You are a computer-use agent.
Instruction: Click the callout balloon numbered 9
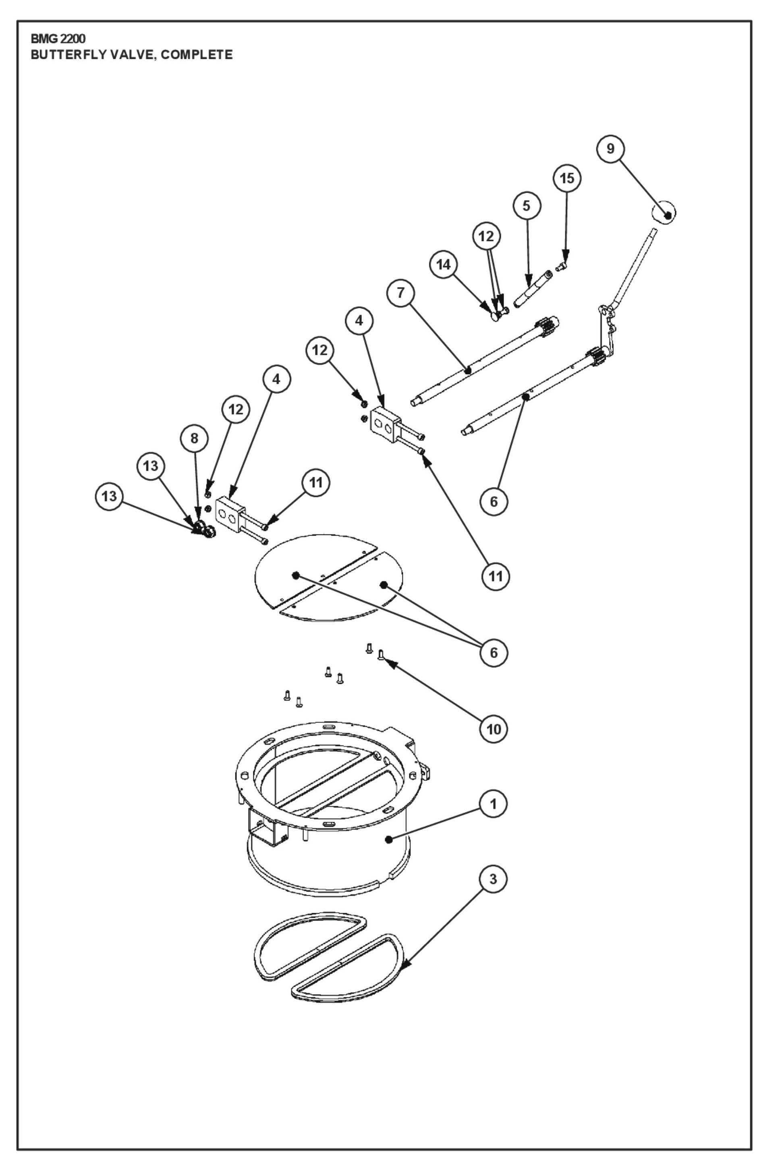(610, 149)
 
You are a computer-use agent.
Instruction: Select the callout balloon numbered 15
(566, 178)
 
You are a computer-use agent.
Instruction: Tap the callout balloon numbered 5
(527, 206)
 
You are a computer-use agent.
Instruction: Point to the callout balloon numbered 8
(194, 439)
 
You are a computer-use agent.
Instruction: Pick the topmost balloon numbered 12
(486, 236)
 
